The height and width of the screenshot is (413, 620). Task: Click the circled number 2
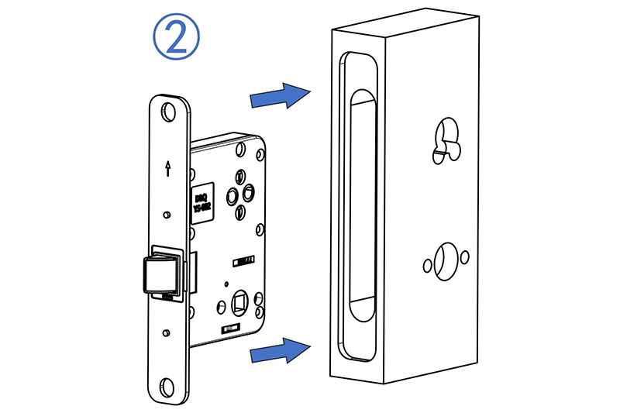pyautogui.click(x=177, y=36)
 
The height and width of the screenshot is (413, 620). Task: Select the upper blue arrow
pyautogui.click(x=280, y=96)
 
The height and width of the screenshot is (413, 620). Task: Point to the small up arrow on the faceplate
pyautogui.click(x=167, y=168)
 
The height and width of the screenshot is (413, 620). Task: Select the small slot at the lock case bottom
pyautogui.click(x=229, y=331)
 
